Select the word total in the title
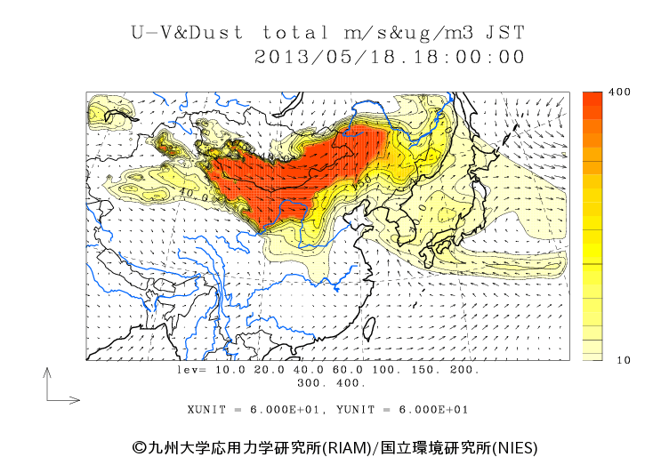point(298,33)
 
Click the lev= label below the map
point(191,369)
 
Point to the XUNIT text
point(206,410)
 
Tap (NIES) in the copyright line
point(514,446)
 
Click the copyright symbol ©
point(138,446)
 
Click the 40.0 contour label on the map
point(189,190)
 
